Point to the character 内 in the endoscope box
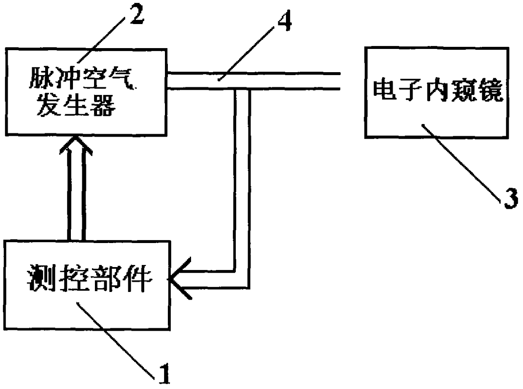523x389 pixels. coord(437,90)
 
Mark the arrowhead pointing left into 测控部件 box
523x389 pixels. coord(180,279)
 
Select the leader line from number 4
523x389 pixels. coord(246,53)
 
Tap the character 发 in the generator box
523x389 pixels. coord(49,105)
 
